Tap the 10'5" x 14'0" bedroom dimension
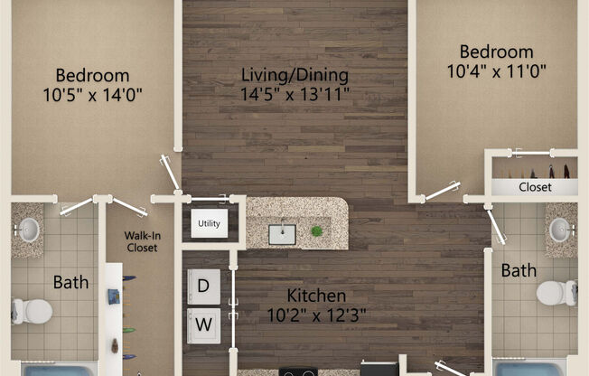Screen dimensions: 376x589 click(x=92, y=93)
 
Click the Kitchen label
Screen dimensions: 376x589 click(x=316, y=296)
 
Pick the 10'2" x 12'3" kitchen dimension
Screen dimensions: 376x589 click(x=316, y=315)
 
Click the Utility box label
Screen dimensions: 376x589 click(x=209, y=222)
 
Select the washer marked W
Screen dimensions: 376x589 click(x=203, y=322)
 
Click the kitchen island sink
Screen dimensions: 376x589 click(x=282, y=234)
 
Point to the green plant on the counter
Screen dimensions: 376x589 click(x=317, y=232)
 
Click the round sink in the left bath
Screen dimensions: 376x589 click(x=27, y=230)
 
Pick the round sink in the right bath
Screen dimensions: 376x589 click(x=561, y=230)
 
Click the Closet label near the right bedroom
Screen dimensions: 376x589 click(x=535, y=187)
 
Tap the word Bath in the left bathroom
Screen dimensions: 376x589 click(x=70, y=282)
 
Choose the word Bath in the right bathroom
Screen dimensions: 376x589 click(x=519, y=269)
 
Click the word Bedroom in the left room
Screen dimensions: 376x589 click(x=92, y=75)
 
